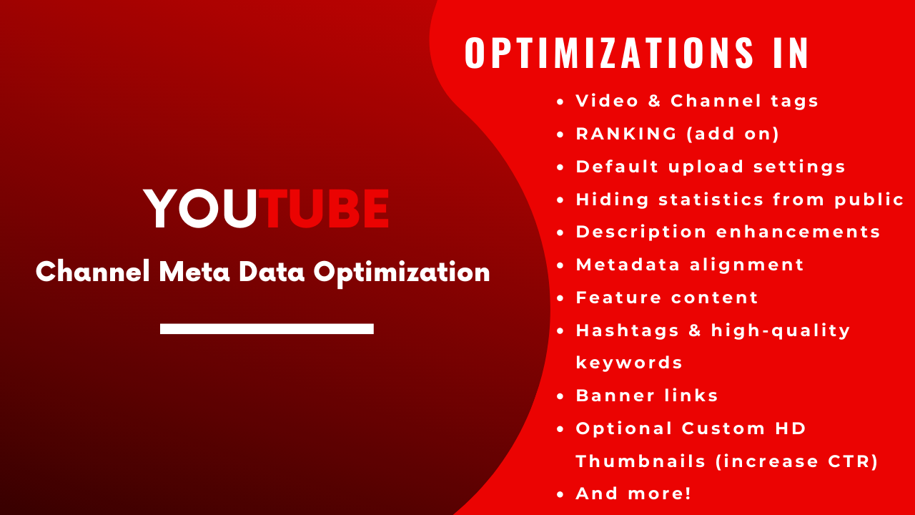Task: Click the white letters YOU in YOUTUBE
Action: tap(200, 209)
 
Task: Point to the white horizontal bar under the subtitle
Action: tap(267, 328)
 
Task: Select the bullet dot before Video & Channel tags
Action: tap(561, 102)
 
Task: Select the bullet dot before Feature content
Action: tap(561, 298)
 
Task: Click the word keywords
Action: tap(629, 363)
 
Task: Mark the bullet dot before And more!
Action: tap(561, 494)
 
